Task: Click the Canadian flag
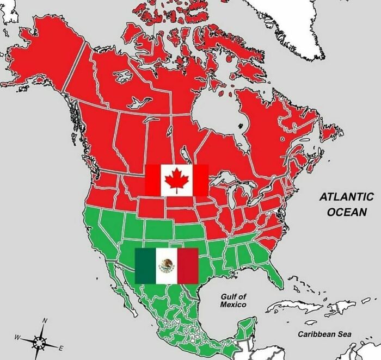coord(177,180)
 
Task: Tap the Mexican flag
coord(167,265)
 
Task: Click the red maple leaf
coord(176,180)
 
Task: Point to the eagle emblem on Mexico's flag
coord(167,265)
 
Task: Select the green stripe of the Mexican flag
coord(145,265)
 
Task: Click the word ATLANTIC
coord(346,197)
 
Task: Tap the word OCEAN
coord(347,212)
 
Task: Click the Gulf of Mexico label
coord(233,300)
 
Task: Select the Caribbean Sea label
coord(324,334)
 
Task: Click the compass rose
coord(40,342)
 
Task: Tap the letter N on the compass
coord(45,320)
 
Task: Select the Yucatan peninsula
coord(248,326)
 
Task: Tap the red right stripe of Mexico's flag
coord(188,265)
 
